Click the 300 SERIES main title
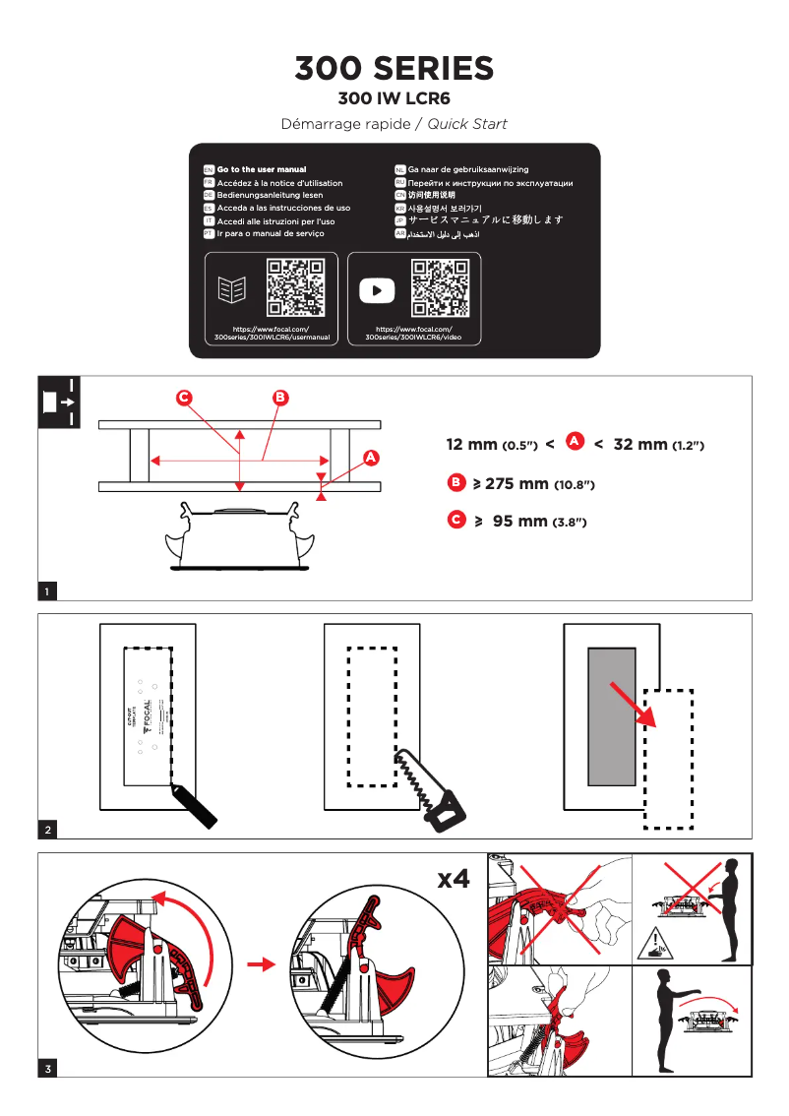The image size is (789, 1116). point(394,69)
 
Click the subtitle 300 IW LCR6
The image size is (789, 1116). point(394,98)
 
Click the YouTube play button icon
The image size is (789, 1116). point(377,290)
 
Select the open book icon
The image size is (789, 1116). point(232,289)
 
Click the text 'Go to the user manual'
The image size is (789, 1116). point(261,170)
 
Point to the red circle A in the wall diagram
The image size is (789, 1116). point(371,458)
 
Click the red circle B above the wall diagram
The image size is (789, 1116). point(280,398)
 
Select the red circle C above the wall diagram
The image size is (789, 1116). point(183,398)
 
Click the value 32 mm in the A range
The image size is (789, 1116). point(640,445)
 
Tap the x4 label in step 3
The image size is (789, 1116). point(453,879)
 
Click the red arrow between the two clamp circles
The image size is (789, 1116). point(261,965)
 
